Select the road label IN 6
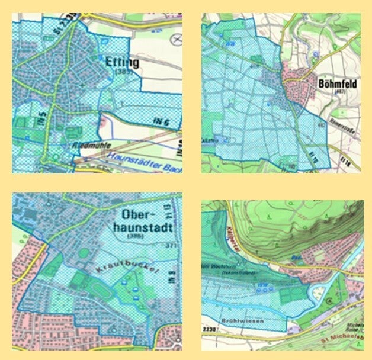[x=156, y=122]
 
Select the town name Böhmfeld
[x=336, y=83]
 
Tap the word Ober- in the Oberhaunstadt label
[x=137, y=215]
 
